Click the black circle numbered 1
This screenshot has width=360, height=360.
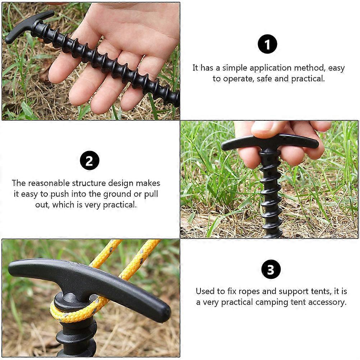[267, 44]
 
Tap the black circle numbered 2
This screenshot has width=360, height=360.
[89, 161]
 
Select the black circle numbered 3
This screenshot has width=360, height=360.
[271, 269]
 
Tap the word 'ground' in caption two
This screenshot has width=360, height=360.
[117, 194]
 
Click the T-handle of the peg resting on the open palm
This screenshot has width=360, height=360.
[29, 26]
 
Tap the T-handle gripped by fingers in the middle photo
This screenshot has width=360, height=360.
[270, 142]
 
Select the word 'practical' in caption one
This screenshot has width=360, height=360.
[308, 79]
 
